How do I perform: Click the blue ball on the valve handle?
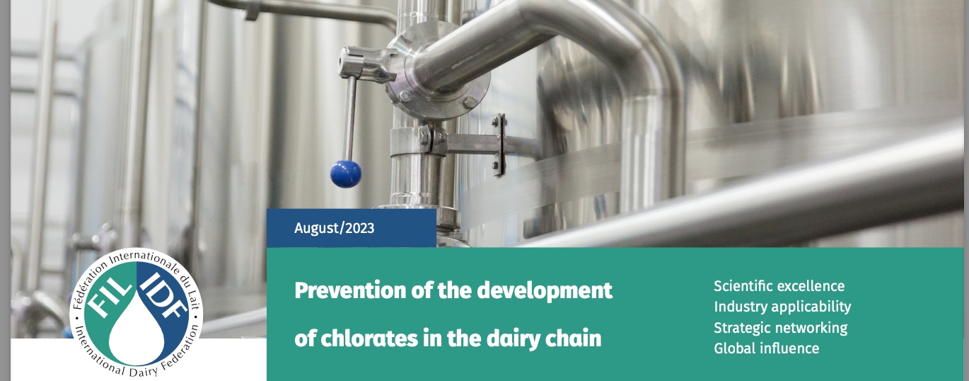tap(346, 174)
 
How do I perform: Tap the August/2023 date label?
tap(334, 228)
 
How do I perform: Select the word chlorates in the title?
tap(369, 338)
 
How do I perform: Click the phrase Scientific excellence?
tap(779, 286)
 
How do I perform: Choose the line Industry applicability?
tap(782, 307)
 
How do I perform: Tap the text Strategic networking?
tap(780, 328)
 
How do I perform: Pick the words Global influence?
tap(767, 348)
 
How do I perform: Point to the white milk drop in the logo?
tap(137, 329)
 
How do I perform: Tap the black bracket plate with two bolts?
tap(499, 144)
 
